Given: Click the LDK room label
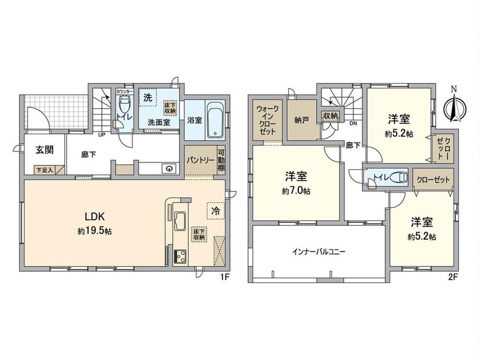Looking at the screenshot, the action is tap(95, 217).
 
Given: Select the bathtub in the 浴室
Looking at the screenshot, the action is tap(216, 120).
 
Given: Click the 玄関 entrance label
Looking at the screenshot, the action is tap(45, 150).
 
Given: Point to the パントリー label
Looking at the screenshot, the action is tap(200, 160).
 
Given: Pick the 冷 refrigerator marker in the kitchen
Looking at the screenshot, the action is tap(215, 211).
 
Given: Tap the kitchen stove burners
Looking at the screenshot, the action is tap(179, 256).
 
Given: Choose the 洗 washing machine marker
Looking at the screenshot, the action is tap(148, 98).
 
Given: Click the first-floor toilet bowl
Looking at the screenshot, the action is tap(124, 104).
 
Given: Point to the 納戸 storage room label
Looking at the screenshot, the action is tap(301, 120).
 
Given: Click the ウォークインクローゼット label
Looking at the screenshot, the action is tap(268, 120).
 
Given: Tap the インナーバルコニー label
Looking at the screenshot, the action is tap(319, 252).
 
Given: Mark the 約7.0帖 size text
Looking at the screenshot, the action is tap(296, 191).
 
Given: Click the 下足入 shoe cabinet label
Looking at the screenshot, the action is tap(44, 170).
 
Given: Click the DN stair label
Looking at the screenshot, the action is tap(353, 123).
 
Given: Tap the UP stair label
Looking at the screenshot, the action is tap(101, 134).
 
